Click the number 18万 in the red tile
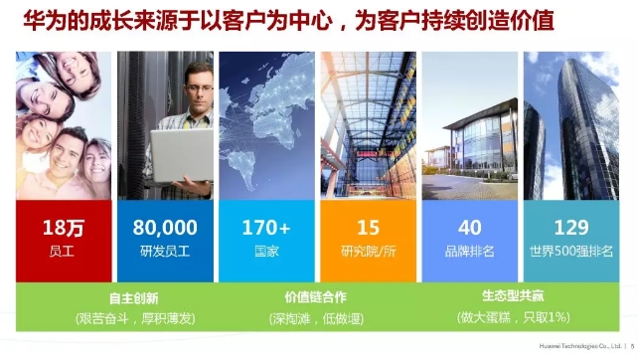tap(63, 228)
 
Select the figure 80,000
tap(165, 228)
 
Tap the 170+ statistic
tap(266, 228)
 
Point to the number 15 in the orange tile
tap(368, 228)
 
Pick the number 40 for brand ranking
tap(469, 228)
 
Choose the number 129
tap(571, 228)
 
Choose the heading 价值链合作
tap(317, 297)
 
